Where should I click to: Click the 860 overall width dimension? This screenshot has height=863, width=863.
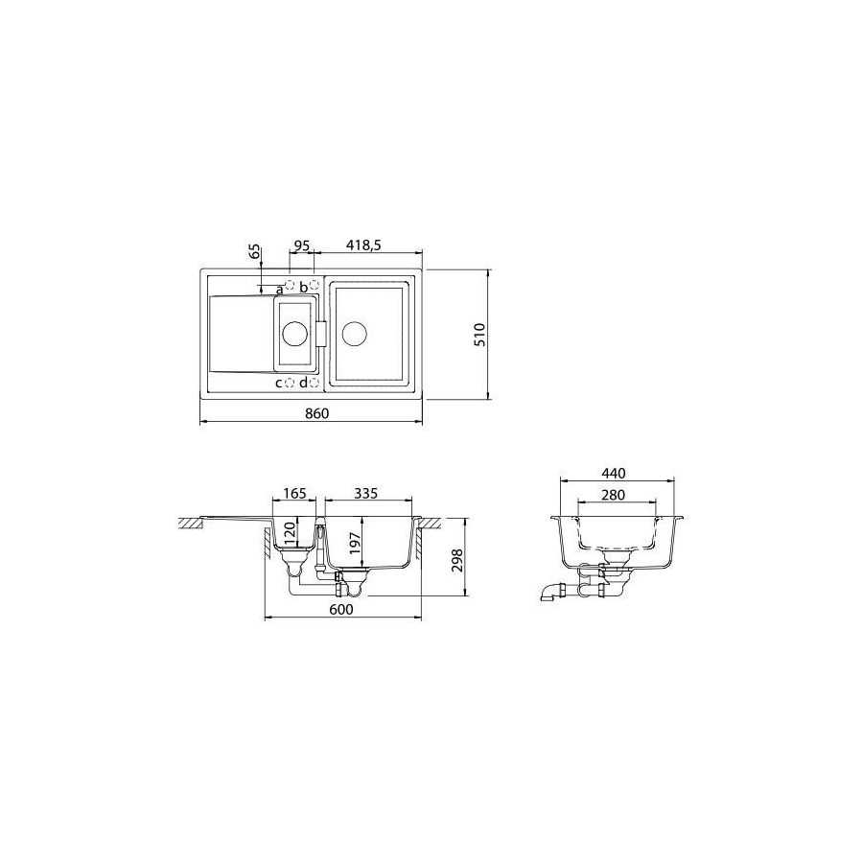(x=317, y=413)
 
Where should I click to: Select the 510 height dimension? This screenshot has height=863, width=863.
(x=480, y=335)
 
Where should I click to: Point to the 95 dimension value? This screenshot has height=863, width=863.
(x=302, y=245)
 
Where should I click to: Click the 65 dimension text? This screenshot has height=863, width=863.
(x=254, y=251)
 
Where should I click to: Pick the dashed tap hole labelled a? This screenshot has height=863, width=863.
(x=290, y=285)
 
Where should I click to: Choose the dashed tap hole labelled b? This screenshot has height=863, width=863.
(x=315, y=285)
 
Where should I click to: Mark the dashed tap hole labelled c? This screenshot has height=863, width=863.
(x=290, y=383)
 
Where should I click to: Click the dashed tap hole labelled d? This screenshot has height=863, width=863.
(x=315, y=383)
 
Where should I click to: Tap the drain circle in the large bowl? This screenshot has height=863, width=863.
(x=355, y=334)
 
